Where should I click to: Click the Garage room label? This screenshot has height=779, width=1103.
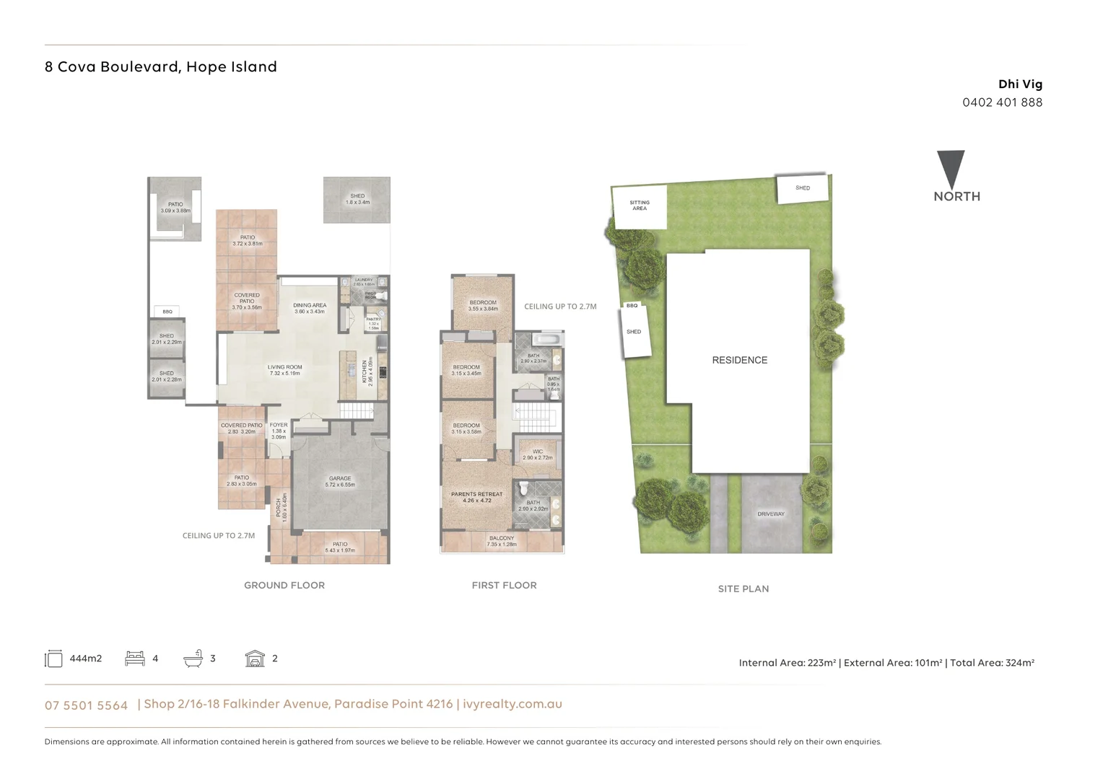(x=340, y=481)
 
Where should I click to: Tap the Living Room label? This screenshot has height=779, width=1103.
(x=284, y=370)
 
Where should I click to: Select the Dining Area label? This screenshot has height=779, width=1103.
(x=310, y=308)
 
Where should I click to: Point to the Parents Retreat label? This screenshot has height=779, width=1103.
(x=476, y=497)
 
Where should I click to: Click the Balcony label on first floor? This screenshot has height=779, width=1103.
(x=502, y=541)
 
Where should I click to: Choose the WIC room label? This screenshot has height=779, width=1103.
(x=538, y=454)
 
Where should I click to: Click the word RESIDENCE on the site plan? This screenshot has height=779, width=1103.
(x=739, y=360)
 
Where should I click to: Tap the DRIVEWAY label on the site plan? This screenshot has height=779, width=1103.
(x=770, y=514)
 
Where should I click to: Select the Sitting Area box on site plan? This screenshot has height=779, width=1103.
(x=640, y=206)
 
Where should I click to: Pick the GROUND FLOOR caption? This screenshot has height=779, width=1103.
(x=284, y=585)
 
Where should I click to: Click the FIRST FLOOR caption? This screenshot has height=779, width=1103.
(x=504, y=585)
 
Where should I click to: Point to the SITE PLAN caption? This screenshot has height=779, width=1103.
(x=743, y=589)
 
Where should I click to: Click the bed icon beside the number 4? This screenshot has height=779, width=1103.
(x=135, y=658)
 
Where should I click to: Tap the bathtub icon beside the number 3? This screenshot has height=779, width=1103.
(x=193, y=658)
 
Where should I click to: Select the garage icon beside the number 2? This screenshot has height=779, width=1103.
(x=255, y=658)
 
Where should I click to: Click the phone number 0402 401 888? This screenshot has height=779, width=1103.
(x=1002, y=102)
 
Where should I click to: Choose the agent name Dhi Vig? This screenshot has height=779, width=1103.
(x=1020, y=84)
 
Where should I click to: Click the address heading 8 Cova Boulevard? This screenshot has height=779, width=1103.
(x=160, y=67)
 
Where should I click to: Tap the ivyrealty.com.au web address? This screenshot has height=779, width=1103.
(x=512, y=704)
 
